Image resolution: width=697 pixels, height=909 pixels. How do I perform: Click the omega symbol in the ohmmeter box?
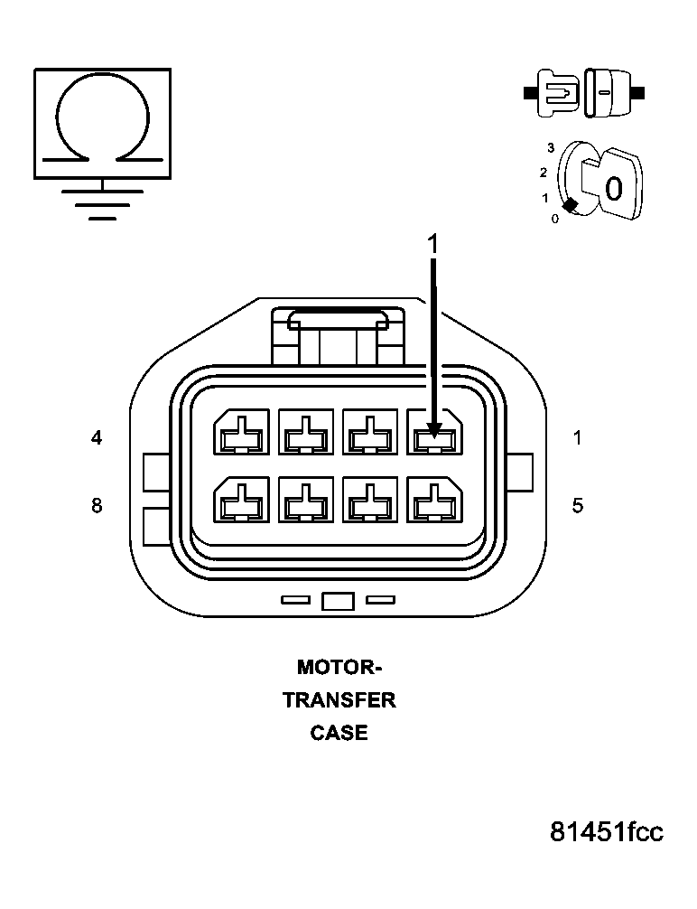point(102,117)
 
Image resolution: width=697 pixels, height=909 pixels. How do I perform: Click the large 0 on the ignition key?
point(613,189)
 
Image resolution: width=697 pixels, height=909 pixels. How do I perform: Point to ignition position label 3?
point(550,146)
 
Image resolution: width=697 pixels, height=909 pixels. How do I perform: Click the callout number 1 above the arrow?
point(432,244)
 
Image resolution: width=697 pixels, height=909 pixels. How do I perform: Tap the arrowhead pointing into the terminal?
point(433,427)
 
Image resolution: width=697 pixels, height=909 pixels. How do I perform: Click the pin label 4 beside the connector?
point(97,438)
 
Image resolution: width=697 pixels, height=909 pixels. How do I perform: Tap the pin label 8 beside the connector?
point(97,505)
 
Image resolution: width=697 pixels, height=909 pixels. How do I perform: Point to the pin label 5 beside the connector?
point(577,505)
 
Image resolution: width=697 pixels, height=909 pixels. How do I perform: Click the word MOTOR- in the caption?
point(339,668)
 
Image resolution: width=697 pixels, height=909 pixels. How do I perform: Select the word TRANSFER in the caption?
point(339,700)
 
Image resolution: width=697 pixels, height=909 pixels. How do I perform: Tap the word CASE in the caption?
point(339,733)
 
